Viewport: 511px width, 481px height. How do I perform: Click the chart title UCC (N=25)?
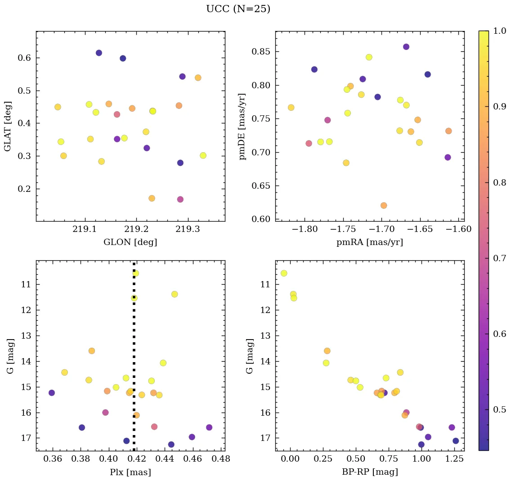pos(238,9)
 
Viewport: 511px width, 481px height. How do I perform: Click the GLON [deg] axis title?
pos(130,242)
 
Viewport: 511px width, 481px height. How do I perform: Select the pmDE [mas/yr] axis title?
pos(243,127)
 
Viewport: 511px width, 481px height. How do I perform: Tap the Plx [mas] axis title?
pos(130,472)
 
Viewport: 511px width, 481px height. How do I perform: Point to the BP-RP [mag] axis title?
pos(369,472)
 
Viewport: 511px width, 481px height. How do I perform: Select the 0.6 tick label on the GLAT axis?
pos(24,58)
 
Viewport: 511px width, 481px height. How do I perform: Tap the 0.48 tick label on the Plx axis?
pos(220,459)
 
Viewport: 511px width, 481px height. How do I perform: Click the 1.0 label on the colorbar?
pos(499,31)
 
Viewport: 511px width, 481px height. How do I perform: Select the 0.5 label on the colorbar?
pos(499,409)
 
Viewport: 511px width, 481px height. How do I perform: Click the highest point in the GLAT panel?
pos(99,53)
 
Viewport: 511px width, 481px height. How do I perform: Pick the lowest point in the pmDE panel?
pos(384,206)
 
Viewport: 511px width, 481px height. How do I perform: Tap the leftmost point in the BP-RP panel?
pos(284,273)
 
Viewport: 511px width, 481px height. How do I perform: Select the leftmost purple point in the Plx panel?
pos(52,393)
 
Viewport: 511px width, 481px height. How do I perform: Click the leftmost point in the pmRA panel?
pos(291,108)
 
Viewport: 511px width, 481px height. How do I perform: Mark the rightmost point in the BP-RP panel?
pos(456,441)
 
